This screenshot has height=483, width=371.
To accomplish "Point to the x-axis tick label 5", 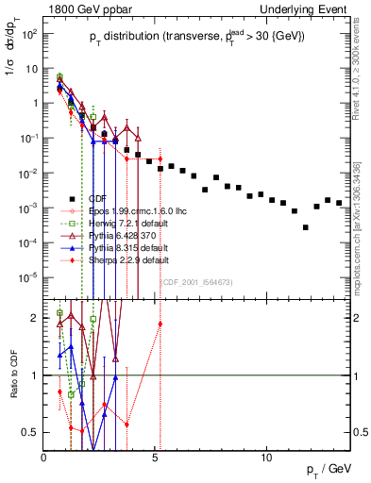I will point(156,458).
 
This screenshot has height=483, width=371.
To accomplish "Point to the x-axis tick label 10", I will point(267,458).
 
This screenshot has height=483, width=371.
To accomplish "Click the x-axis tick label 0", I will point(44,458).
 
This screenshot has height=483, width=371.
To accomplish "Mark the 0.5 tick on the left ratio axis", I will point(33,432).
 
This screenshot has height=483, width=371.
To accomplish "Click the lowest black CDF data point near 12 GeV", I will point(305,227).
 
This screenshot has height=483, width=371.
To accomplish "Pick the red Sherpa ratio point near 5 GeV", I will point(160,324).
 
